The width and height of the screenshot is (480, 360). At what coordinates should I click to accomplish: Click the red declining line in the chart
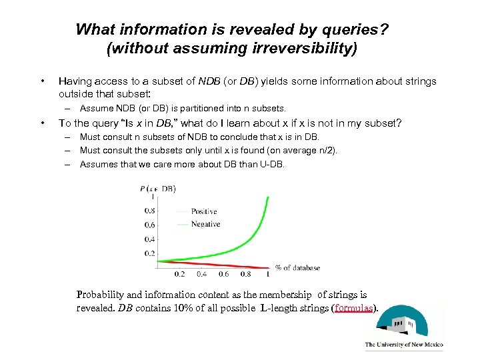[x=220, y=263]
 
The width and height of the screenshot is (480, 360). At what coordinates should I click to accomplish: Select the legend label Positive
[x=204, y=211]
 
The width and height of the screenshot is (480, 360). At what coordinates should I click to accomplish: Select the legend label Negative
[x=205, y=224]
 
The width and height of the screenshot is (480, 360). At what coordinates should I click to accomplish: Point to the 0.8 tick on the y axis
[x=150, y=211]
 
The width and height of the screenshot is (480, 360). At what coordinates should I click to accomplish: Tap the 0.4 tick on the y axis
[x=150, y=239]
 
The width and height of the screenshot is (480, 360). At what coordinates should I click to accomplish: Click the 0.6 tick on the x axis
[x=223, y=274]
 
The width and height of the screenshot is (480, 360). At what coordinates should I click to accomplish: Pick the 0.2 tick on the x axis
[x=179, y=274]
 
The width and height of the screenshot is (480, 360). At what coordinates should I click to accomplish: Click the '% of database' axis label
[x=297, y=268]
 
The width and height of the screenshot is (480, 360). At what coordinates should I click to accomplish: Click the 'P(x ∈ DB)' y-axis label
[x=157, y=189]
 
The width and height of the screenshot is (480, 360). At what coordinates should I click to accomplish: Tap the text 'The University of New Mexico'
[x=403, y=345]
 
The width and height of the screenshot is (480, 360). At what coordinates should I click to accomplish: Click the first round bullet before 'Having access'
[x=43, y=81]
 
